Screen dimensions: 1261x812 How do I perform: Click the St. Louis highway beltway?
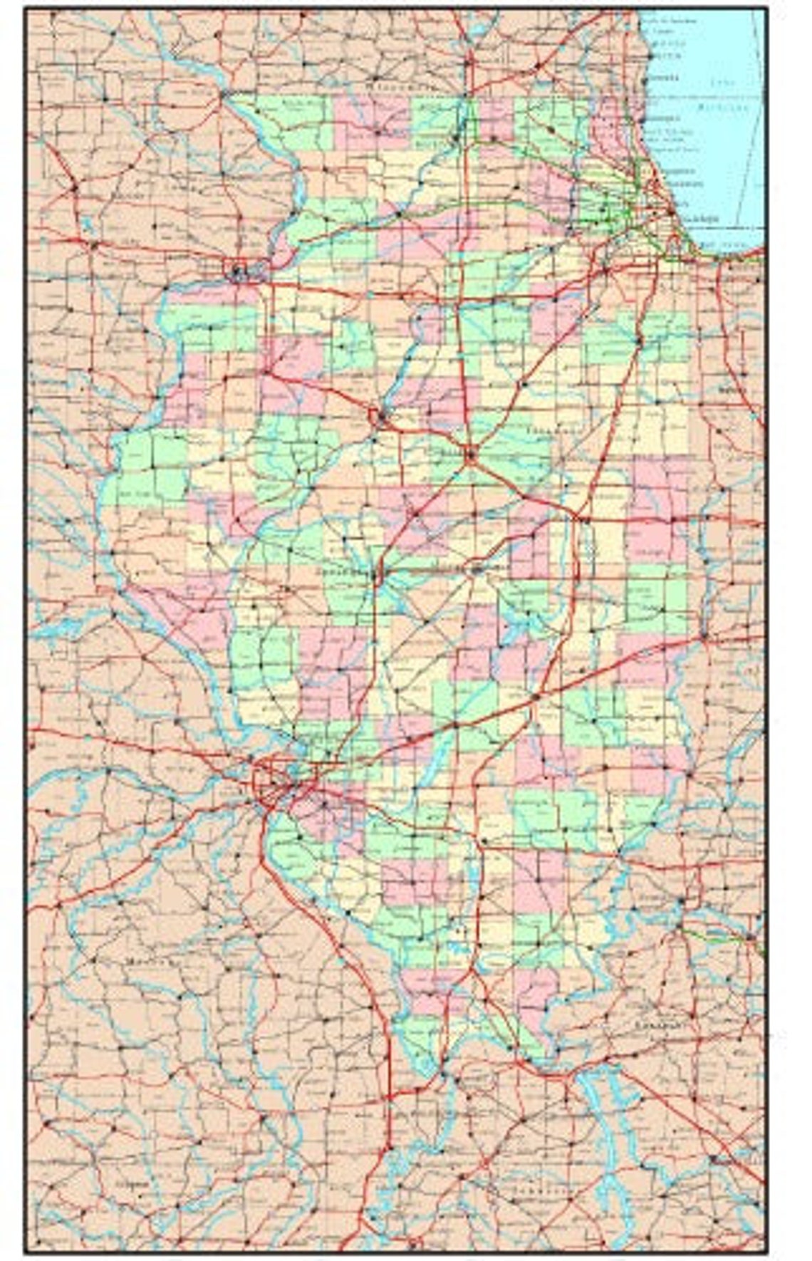coord(274,781)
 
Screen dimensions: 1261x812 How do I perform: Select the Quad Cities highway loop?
coord(237,271)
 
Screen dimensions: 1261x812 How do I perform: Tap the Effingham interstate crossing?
coord(535,694)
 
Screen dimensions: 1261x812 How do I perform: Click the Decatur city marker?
coord(476,569)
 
